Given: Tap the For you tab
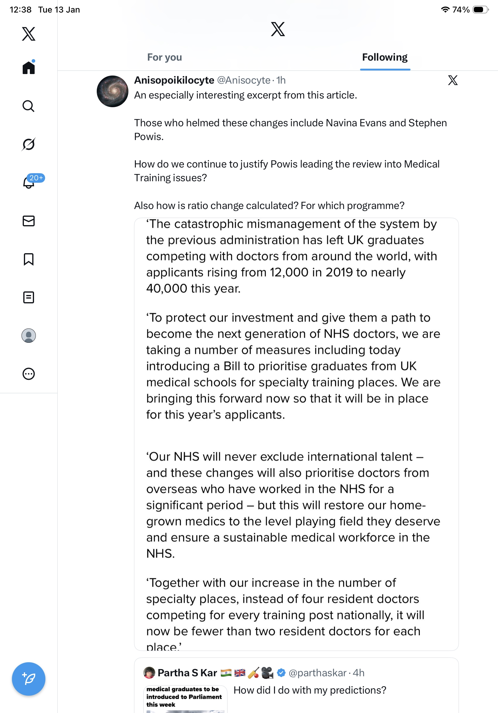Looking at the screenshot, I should point(165,57).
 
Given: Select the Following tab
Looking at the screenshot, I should point(385,57).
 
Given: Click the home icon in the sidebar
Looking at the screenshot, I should point(29,67).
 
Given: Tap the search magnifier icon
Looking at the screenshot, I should point(29,106).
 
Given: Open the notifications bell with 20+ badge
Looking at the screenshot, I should point(29,182).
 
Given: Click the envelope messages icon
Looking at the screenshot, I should point(29,221).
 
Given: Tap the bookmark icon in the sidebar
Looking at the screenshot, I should point(29,259).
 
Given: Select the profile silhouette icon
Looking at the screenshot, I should point(29,336).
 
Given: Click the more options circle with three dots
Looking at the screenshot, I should point(29,374).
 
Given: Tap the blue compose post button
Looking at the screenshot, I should point(29,679).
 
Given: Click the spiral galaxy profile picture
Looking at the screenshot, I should point(112,91).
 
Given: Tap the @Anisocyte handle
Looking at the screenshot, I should point(244,80).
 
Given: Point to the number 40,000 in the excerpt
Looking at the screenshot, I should point(167,289).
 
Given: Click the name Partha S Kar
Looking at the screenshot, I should point(187,673).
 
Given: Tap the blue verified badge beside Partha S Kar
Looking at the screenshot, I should point(281,673).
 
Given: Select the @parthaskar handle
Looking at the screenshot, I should point(317,673).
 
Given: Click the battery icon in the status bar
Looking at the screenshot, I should point(480,10).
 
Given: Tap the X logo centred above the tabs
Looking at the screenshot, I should point(278,29).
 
